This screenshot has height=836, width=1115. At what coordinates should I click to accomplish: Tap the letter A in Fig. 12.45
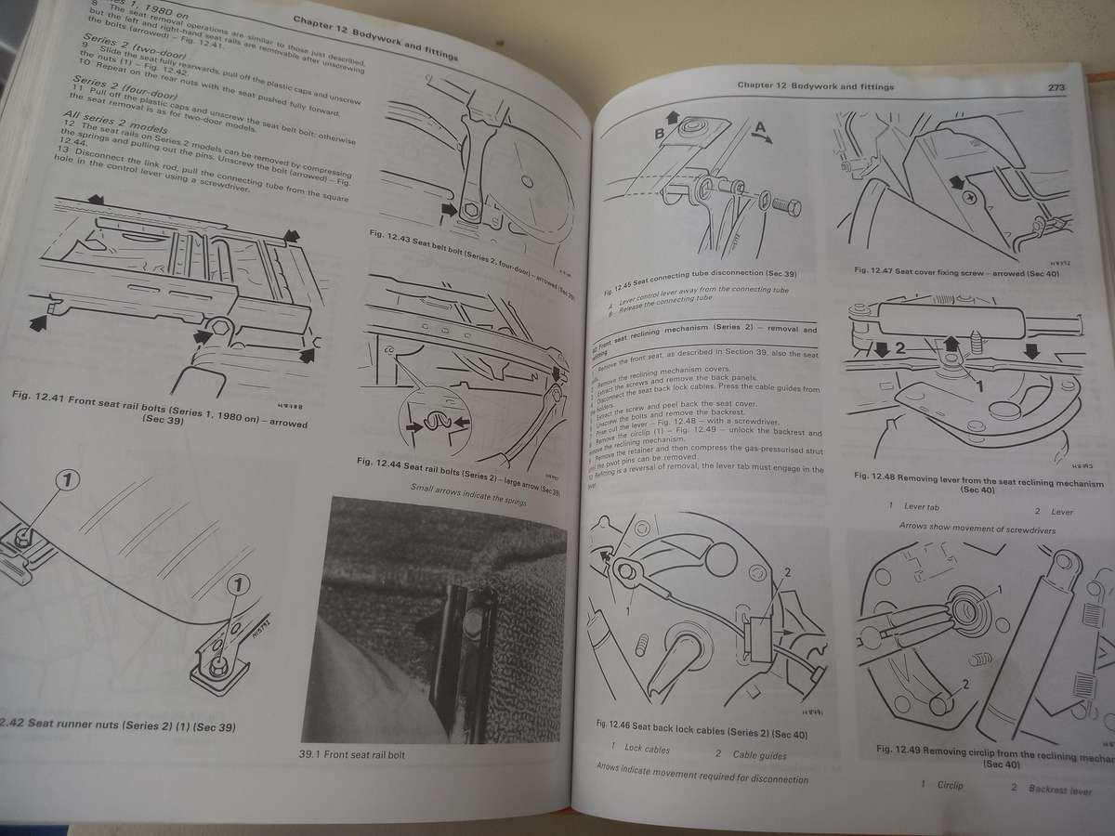click(759, 126)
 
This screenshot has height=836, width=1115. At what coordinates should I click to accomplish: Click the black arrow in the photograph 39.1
click(429, 629)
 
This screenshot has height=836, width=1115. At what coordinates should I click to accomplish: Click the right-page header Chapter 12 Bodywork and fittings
click(815, 86)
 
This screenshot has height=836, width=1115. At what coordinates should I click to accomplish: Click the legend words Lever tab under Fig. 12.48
click(923, 506)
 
